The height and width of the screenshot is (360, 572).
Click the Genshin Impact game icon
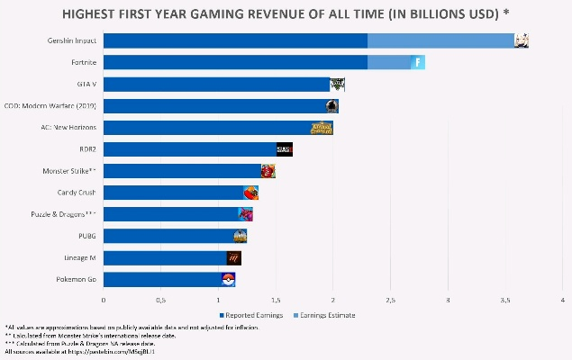521,40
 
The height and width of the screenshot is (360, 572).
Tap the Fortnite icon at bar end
419,62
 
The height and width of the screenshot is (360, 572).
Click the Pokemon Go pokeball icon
228,279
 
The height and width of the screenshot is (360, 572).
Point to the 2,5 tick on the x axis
390,300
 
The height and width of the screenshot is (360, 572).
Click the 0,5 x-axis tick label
160,300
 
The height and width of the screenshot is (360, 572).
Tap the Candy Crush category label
77,193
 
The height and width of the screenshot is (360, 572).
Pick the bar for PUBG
168,236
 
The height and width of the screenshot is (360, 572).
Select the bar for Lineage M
166,257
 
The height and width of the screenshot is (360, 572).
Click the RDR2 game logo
285,149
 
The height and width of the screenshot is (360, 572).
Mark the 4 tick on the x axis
562,300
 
